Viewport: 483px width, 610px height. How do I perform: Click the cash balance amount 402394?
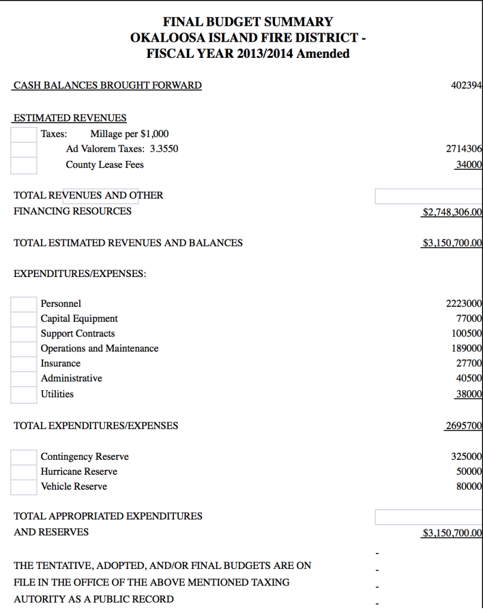pos(466,86)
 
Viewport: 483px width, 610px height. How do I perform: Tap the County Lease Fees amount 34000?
pos(468,165)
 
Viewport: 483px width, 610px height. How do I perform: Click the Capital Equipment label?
pos(79,319)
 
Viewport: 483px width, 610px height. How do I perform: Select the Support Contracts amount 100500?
pos(466,334)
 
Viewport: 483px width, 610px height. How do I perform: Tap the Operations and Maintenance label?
pos(99,348)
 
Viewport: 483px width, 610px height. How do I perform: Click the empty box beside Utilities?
pos(24,394)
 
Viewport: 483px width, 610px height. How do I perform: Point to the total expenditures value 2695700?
pos(463,426)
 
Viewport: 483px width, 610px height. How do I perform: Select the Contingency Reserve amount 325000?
pos(466,457)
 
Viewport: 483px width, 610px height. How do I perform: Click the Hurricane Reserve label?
pos(79,472)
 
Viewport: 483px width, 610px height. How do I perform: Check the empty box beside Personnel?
pos(24,304)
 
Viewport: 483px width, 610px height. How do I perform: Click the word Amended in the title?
pos(323,54)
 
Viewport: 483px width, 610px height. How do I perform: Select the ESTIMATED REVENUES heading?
pos(70,118)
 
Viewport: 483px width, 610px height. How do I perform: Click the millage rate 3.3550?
pos(164,149)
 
